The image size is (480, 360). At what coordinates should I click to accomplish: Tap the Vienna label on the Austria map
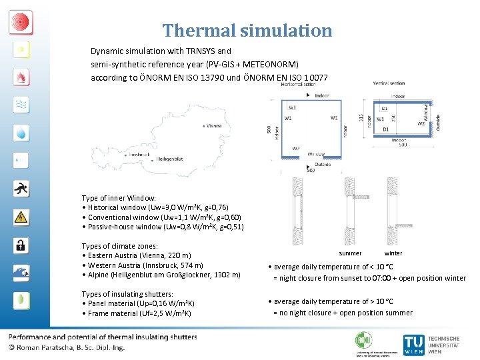click(x=214, y=125)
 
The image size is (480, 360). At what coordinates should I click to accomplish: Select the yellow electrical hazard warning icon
click(x=21, y=217)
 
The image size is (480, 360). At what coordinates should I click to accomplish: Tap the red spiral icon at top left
click(x=21, y=21)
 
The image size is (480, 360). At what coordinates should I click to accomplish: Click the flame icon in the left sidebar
click(x=21, y=77)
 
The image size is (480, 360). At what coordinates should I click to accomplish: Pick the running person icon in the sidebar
click(x=21, y=189)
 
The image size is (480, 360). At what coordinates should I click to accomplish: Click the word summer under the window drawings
click(x=350, y=253)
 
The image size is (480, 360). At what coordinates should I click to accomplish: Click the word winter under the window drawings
click(x=393, y=253)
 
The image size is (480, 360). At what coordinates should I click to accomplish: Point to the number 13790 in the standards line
click(x=209, y=77)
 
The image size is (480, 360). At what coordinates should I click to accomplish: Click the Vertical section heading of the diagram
click(x=391, y=84)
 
